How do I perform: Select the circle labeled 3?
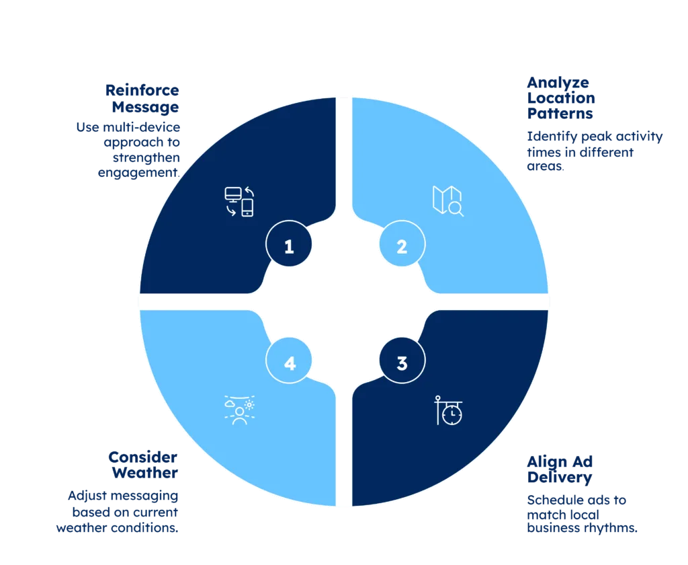click(402, 363)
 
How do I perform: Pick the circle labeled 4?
click(289, 363)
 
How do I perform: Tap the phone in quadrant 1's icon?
click(248, 208)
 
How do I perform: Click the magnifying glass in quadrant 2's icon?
click(456, 209)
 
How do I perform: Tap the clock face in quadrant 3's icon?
click(453, 414)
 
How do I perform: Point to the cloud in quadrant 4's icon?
click(230, 406)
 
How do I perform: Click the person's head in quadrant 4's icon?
click(239, 411)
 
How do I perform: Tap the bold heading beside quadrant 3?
click(562, 470)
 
